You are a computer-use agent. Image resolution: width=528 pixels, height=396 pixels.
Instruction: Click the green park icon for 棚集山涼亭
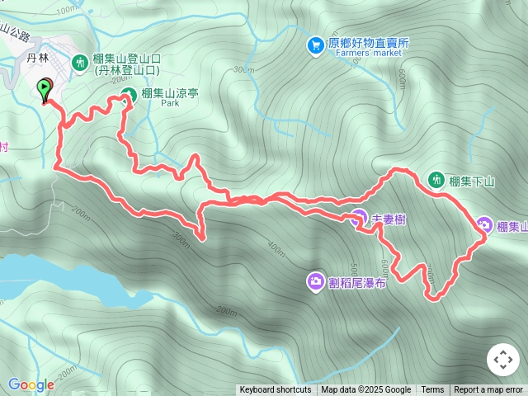[129, 94]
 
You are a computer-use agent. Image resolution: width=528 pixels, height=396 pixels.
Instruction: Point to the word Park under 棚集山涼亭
[170, 105]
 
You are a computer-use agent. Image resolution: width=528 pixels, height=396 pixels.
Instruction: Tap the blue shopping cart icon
[315, 45]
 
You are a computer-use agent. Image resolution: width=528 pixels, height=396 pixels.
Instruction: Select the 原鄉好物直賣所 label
[369, 44]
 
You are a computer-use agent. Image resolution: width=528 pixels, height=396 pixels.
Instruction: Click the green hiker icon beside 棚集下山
[436, 179]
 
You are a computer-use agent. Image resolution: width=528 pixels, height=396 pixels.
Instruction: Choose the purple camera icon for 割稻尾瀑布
[315, 282]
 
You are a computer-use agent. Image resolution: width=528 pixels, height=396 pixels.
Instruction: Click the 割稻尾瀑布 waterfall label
[357, 283]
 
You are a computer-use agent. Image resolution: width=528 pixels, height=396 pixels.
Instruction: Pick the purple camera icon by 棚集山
[484, 225]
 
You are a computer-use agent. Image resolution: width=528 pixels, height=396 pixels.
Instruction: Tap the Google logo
[31, 384]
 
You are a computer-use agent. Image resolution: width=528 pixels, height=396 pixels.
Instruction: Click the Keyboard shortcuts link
[276, 390]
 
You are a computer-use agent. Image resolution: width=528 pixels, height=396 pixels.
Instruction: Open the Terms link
[432, 390]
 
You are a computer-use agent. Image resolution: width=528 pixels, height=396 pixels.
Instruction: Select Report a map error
[488, 390]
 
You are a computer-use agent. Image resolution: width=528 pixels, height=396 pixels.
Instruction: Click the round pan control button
[503, 360]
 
